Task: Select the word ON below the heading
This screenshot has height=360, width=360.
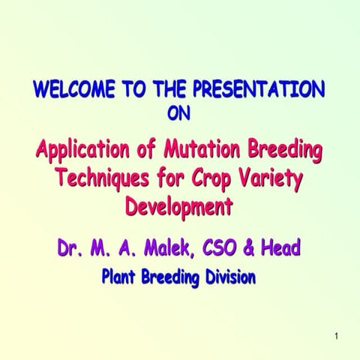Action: [179, 115]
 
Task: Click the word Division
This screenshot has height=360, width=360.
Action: [229, 277]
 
